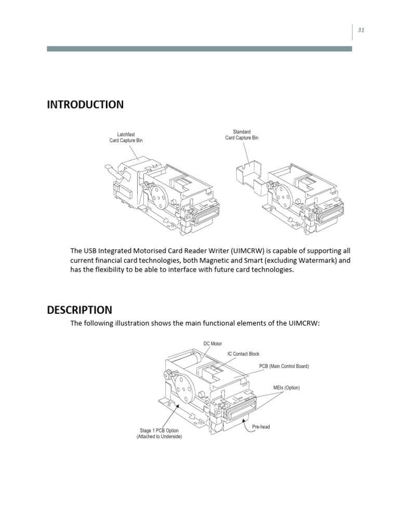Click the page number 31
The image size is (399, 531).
pos(361,30)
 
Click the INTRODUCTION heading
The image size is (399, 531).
pos(85,105)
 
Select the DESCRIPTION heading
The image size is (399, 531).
pos(79,310)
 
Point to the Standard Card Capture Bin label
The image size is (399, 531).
pos(242,135)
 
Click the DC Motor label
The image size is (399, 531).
pos(212,343)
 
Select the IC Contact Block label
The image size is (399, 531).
pos(243,354)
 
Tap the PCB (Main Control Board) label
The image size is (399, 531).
pos(284,366)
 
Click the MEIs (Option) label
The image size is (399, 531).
pos(286,387)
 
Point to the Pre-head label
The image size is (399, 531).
pos(261,427)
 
